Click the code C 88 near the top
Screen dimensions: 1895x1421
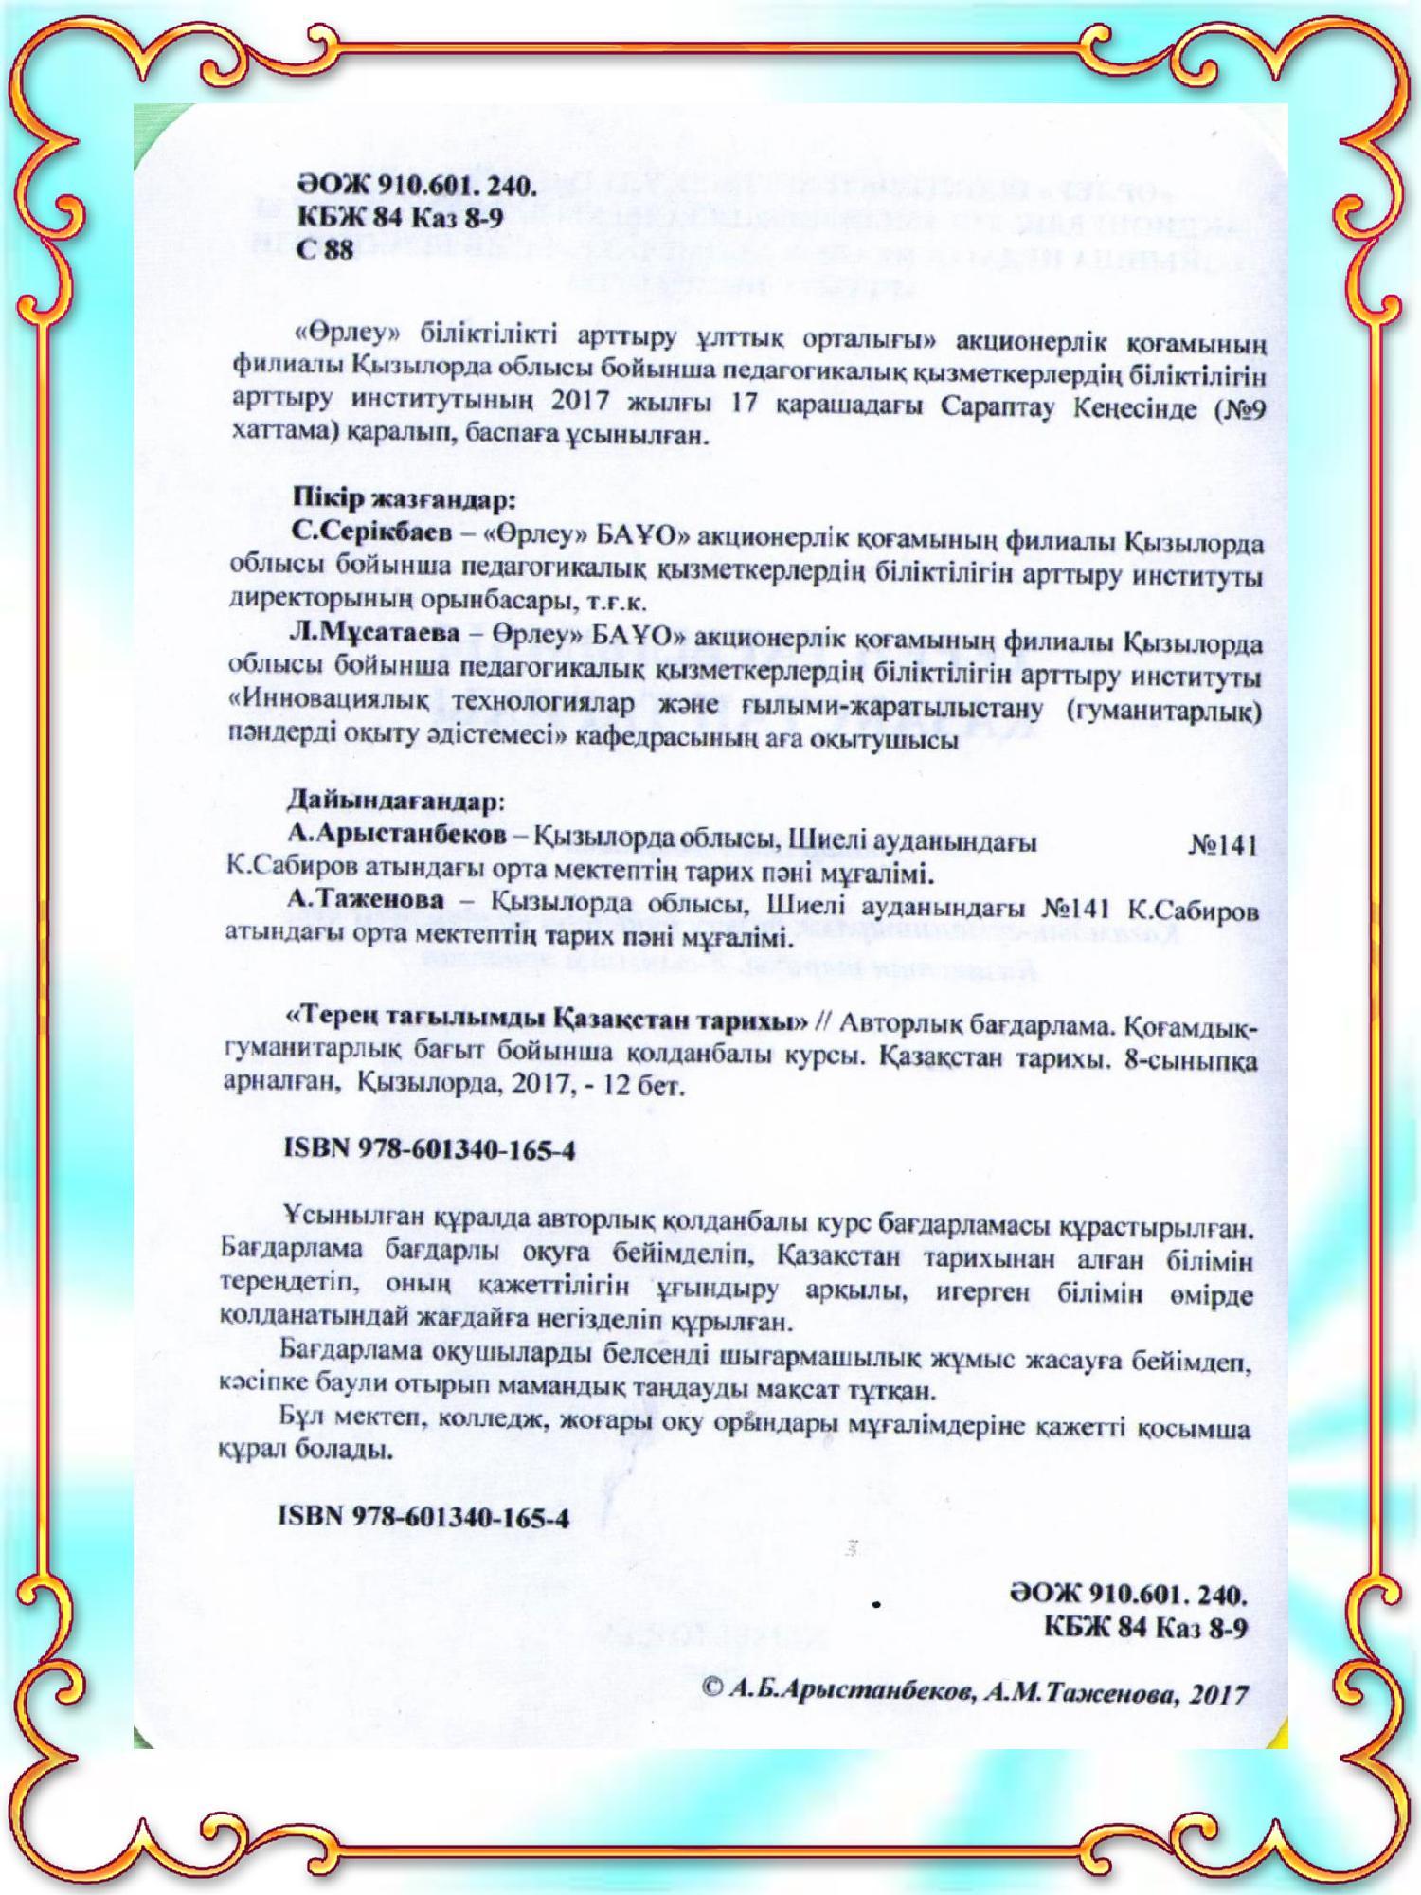tap(325, 250)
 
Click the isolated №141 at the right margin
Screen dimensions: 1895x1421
tap(1223, 846)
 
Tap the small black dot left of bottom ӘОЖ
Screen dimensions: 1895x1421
tap(877, 1605)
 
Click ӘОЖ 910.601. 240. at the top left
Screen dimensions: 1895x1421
tap(418, 185)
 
